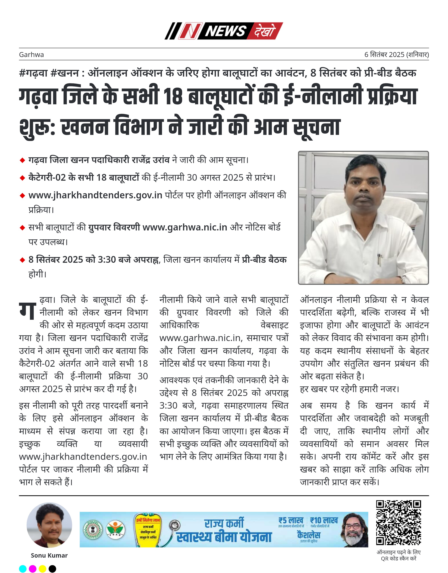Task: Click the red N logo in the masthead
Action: (190, 31)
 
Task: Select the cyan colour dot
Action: (23, 569)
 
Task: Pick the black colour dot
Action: (52, 569)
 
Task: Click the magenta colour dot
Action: (32, 569)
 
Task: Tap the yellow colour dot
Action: (43, 569)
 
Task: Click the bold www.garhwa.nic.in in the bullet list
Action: (185, 227)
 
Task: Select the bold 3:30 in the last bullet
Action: (107, 260)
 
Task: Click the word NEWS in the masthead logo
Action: (225, 31)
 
